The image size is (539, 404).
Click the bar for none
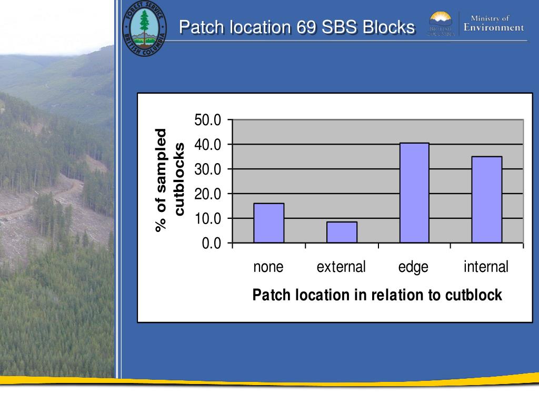pyautogui.click(x=268, y=223)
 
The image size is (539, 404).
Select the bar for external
pyautogui.click(x=342, y=232)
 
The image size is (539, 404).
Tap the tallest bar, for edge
pyautogui.click(x=414, y=193)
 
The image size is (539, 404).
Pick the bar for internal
pyautogui.click(x=486, y=199)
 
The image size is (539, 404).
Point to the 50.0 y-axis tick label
pyautogui.click(x=208, y=120)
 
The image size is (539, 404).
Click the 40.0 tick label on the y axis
pyautogui.click(x=208, y=145)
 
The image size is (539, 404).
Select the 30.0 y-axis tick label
pyautogui.click(x=208, y=169)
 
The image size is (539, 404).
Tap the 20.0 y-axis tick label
pyautogui.click(x=208, y=194)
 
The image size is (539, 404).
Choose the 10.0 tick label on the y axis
pyautogui.click(x=208, y=218)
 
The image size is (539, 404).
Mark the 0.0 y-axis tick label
pyautogui.click(x=212, y=244)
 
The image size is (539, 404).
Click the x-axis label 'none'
pyautogui.click(x=268, y=267)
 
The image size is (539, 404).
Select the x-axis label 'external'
pyautogui.click(x=341, y=267)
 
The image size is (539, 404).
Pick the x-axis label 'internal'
pyautogui.click(x=486, y=267)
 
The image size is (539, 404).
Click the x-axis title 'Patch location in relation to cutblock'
pyautogui.click(x=377, y=295)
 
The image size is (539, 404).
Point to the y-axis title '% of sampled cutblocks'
pyautogui.click(x=169, y=180)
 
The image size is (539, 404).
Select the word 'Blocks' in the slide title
pyautogui.click(x=390, y=27)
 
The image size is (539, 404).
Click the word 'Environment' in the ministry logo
pyautogui.click(x=494, y=28)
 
